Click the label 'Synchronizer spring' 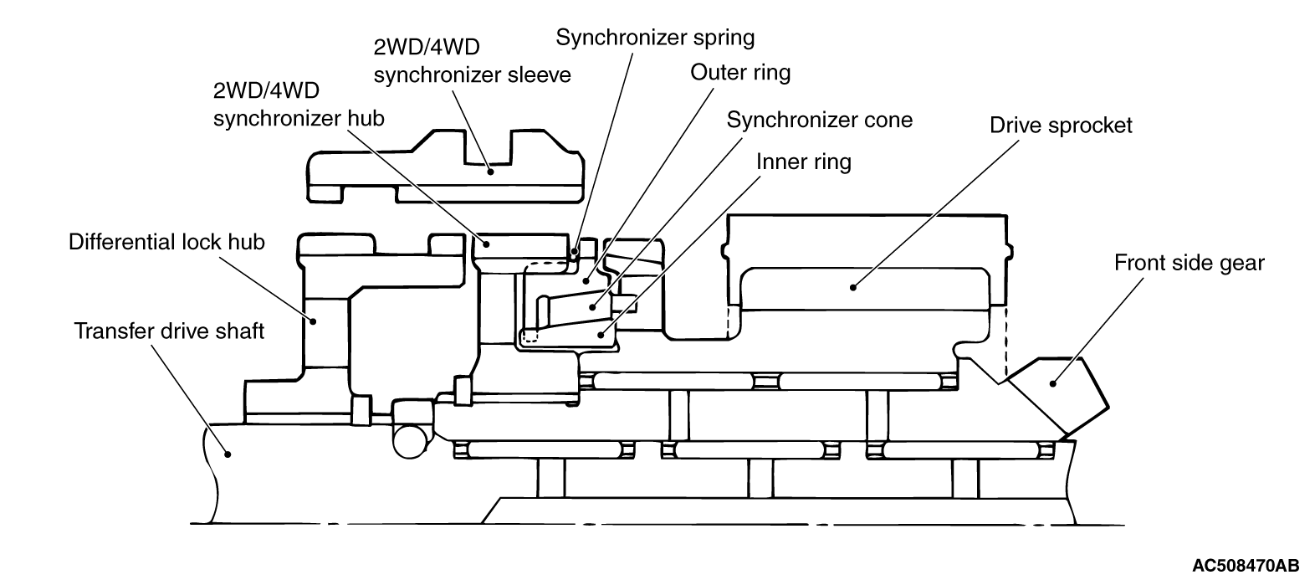pos(655,38)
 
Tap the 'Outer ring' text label pos(739,73)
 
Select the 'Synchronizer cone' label pos(819,120)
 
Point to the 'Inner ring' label pos(803,161)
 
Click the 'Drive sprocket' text pos(1060,126)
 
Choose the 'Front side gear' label pos(1189,264)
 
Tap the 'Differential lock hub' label pos(166,243)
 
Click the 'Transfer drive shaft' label pos(169,331)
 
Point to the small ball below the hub pos(410,440)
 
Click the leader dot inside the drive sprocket pos(853,287)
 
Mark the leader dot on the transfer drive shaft pos(227,453)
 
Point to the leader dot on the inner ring pos(600,333)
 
